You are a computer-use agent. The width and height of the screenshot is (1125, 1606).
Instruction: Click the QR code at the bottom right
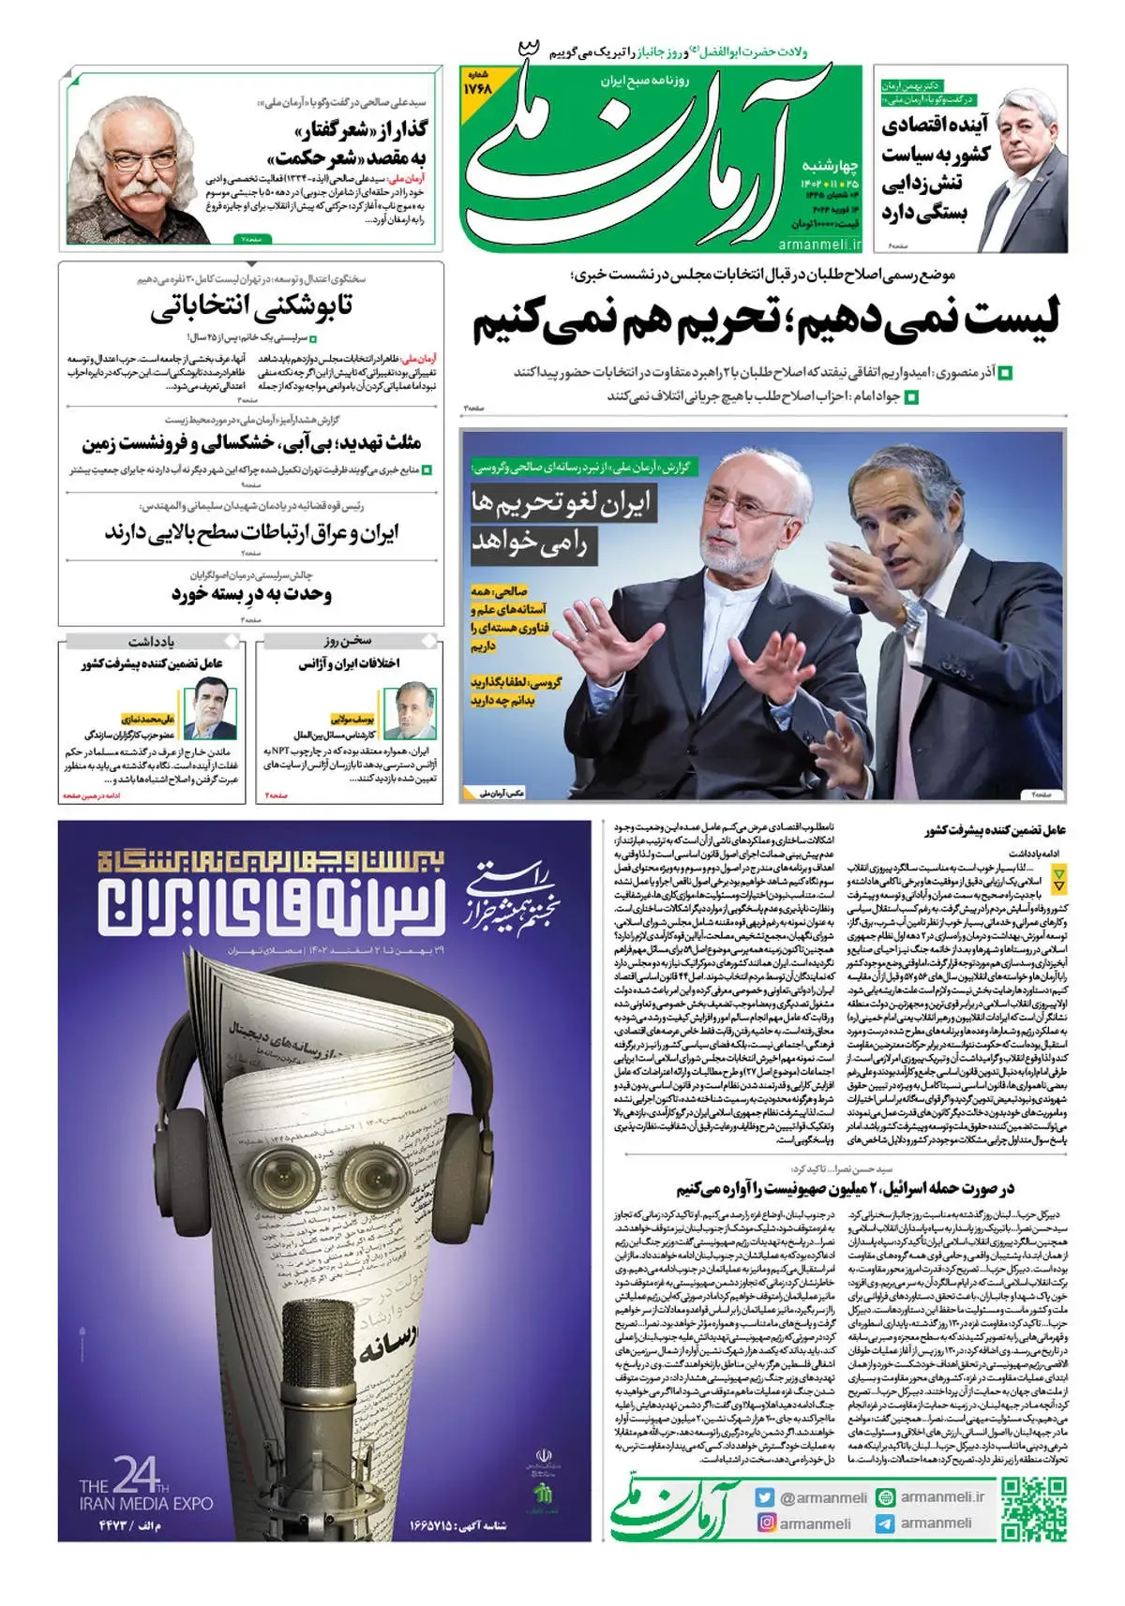1033,1509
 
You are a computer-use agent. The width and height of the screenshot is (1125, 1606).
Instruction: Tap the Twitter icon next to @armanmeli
766,1497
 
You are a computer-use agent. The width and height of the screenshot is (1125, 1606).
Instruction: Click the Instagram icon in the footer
766,1524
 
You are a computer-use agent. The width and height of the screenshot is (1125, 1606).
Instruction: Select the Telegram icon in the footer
885,1524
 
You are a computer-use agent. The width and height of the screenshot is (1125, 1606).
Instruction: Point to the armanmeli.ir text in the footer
941,1497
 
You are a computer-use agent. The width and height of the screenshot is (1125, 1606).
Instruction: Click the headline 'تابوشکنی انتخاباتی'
251,307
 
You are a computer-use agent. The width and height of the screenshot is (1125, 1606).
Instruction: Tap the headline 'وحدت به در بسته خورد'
251,594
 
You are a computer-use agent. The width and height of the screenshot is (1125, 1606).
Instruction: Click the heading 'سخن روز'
348,641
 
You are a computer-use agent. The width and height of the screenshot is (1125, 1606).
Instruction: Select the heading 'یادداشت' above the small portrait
152,641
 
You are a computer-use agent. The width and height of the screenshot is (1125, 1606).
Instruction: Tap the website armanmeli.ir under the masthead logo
818,244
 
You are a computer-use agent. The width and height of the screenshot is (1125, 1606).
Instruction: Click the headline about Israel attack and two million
846,1189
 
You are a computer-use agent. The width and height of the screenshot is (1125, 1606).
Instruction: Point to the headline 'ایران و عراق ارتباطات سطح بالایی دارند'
251,533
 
